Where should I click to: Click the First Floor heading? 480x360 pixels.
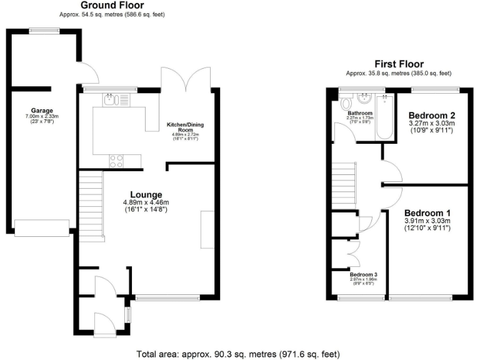click(x=399, y=64)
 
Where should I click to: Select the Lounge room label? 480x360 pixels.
click(x=146, y=194)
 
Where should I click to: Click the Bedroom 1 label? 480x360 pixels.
click(x=427, y=212)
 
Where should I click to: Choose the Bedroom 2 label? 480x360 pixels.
click(x=431, y=116)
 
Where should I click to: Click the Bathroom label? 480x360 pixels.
click(x=360, y=113)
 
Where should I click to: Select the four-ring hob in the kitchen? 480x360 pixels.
click(x=117, y=161)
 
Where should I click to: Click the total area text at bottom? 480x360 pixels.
click(x=239, y=354)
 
